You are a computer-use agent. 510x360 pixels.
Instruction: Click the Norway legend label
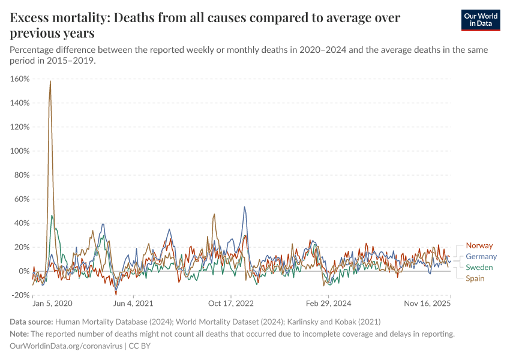pos(479,245)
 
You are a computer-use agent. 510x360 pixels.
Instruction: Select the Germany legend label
pos(481,256)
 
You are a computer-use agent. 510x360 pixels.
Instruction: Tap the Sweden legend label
pos(479,267)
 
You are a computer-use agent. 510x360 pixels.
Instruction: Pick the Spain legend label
pos(475,278)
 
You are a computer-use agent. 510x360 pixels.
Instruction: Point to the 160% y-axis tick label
pos(20,79)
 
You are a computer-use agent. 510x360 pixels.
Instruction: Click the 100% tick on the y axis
pos(20,151)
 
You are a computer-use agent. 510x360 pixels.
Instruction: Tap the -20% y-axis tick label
pos(20,295)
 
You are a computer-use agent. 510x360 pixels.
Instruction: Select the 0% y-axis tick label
pos(24,271)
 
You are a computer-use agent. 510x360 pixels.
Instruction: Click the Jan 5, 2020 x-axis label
pos(52,304)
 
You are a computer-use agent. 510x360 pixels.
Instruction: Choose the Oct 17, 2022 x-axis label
pos(231,304)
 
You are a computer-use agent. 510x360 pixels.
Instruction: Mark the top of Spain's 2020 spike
pos(50,81)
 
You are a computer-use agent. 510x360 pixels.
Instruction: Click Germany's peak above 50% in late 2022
pos(244,207)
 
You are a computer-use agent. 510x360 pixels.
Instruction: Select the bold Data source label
pos(32,322)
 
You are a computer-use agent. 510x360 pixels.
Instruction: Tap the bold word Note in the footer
pos(20,334)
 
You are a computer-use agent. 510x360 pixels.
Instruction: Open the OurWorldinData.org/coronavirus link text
pos(66,346)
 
